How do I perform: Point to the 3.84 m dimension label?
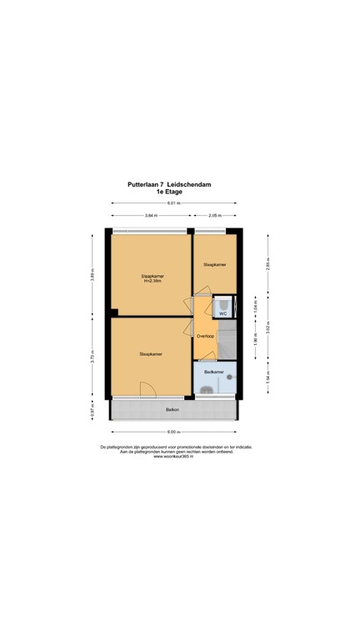coord(151,216)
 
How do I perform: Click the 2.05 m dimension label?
coord(215,216)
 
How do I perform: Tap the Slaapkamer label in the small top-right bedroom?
coord(214,264)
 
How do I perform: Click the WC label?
coord(222,314)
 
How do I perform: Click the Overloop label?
coord(205,337)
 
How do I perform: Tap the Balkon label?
coord(172,409)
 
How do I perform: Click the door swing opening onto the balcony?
coord(147,389)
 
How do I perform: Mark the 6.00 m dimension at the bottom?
coord(172,432)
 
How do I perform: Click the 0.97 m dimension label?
coord(93,409)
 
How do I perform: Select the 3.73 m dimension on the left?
coord(93,357)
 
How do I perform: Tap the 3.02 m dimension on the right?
coord(267,327)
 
